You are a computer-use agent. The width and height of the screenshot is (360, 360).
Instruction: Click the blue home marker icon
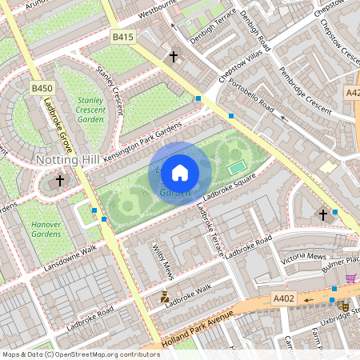[x=180, y=173]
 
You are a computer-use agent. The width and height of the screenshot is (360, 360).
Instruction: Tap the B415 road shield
[x=122, y=37]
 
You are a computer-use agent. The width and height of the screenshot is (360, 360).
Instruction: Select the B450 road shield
[x=42, y=87]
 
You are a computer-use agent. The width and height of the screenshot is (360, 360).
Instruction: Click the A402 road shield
[x=283, y=299]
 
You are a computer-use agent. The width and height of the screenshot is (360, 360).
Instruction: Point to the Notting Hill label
[x=68, y=161]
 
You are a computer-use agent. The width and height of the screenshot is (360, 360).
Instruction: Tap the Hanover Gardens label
[x=46, y=230]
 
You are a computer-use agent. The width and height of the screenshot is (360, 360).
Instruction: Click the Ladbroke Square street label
[x=229, y=186]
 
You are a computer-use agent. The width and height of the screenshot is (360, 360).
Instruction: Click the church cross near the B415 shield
[x=174, y=57]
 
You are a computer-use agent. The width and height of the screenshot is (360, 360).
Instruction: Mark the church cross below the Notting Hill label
[x=59, y=182]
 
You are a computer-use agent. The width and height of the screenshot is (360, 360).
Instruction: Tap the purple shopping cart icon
[x=350, y=278]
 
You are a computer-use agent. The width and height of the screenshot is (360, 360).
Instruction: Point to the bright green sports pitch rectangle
[x=234, y=168]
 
